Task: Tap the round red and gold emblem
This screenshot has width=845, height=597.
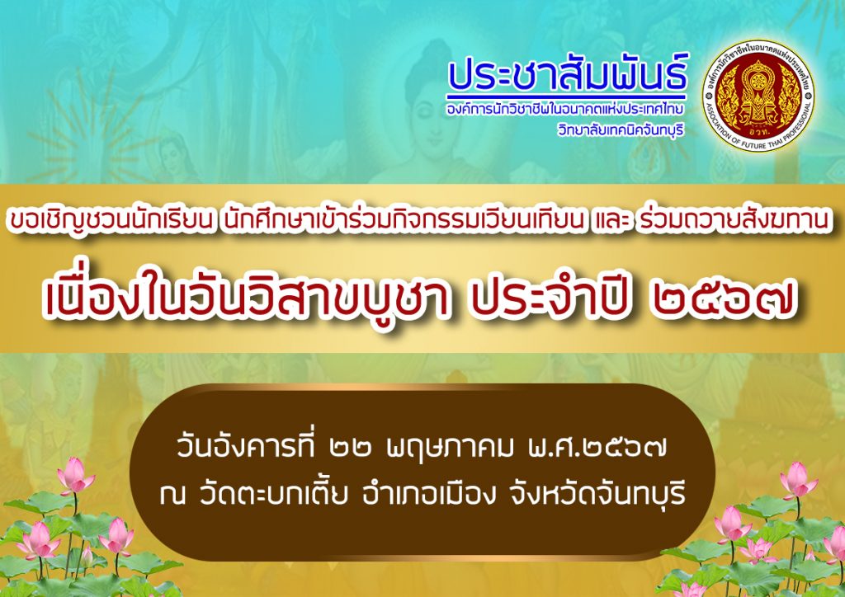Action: tap(758, 96)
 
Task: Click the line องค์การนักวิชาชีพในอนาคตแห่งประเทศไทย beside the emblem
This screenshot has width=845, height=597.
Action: tap(564, 110)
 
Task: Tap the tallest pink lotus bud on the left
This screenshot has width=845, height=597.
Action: tap(74, 475)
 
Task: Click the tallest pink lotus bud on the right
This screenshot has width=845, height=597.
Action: tap(799, 480)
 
